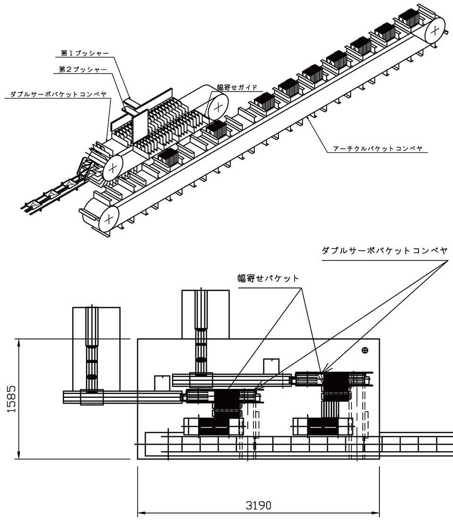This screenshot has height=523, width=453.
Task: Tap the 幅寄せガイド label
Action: point(237,87)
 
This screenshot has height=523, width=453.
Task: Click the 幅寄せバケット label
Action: point(268,278)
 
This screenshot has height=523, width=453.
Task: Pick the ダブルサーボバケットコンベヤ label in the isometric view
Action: point(58,94)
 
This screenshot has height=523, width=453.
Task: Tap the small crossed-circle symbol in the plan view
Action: point(364,350)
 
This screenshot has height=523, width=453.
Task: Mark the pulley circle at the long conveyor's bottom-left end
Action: point(109,218)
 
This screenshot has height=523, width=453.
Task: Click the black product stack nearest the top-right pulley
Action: point(409,18)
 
